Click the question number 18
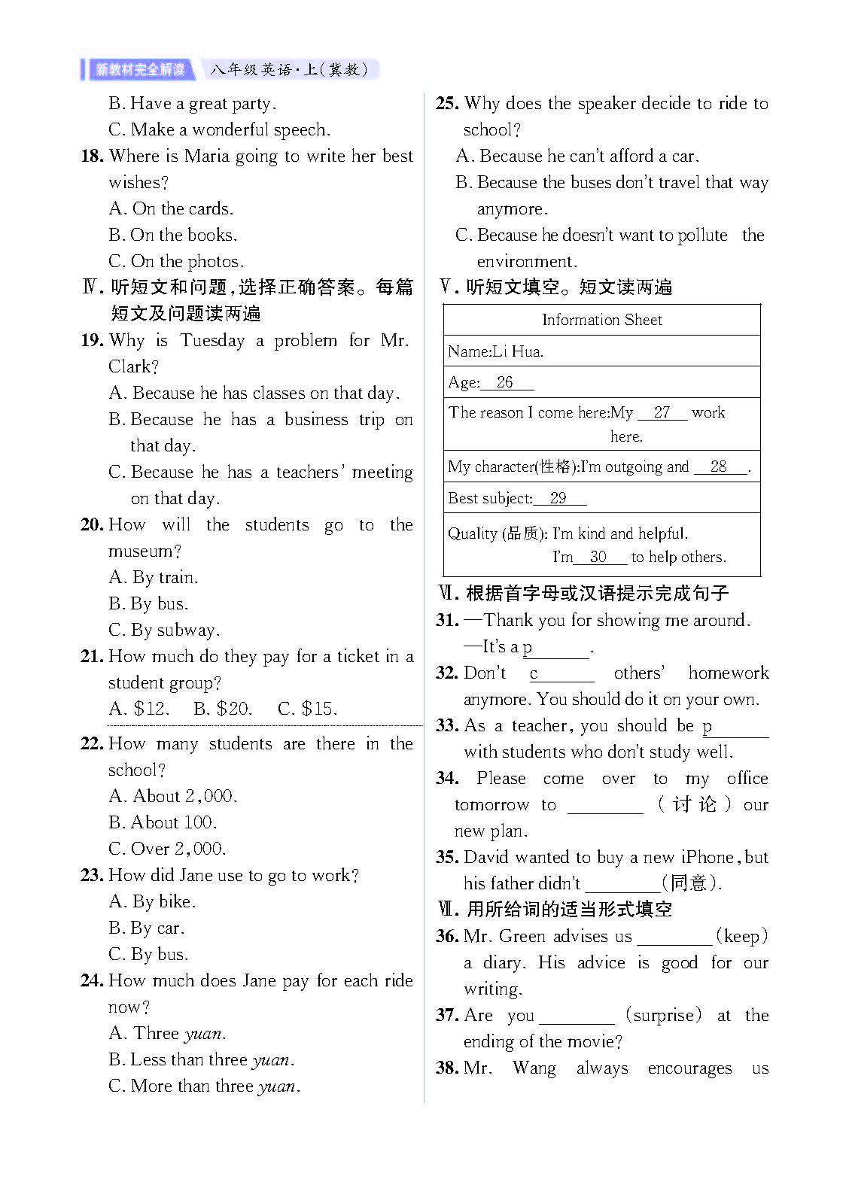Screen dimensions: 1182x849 (x=92, y=156)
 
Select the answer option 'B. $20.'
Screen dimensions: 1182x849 (x=222, y=709)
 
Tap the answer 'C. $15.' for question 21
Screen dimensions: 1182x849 (x=307, y=709)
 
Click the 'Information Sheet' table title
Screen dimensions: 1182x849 (x=601, y=320)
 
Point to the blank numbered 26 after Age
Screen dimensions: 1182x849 (x=506, y=383)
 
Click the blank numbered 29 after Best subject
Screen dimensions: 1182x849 (x=558, y=499)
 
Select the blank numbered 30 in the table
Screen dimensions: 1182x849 (x=599, y=558)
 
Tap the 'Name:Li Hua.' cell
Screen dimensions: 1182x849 (x=495, y=351)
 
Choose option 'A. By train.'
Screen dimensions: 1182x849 (x=154, y=578)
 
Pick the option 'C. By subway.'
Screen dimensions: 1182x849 (x=164, y=631)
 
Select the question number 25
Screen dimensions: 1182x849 (x=447, y=104)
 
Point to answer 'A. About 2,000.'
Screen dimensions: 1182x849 (x=173, y=796)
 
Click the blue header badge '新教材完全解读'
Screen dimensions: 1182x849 (x=139, y=70)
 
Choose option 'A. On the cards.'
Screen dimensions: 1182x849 (x=171, y=208)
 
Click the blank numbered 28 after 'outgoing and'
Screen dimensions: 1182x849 (x=720, y=467)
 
